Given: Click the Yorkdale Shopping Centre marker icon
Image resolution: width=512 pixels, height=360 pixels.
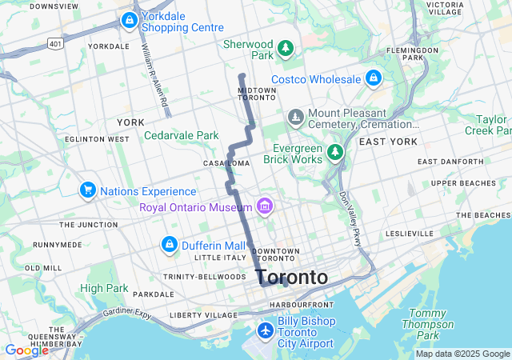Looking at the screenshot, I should tap(128, 20).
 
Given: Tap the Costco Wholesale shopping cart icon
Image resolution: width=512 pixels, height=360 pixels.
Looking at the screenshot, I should tap(373, 78).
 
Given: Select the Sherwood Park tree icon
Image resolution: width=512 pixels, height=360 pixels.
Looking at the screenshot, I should tap(286, 50).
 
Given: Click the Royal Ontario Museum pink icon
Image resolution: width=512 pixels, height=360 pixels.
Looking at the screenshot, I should tap(265, 208).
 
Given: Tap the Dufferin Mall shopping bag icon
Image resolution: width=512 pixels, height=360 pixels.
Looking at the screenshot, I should tap(170, 244).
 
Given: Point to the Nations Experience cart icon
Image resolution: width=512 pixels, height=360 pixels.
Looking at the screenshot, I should tap(88, 190).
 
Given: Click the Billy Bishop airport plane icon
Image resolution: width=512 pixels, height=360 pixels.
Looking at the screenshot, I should tap(266, 330).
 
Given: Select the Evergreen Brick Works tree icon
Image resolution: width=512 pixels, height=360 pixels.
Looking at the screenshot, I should tap(336, 151).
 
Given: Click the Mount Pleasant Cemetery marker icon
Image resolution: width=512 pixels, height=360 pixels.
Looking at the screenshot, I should tap(297, 118).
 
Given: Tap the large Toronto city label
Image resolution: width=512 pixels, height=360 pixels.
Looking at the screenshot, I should tap(291, 278).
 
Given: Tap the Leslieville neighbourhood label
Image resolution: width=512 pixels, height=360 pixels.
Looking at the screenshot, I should tap(409, 234).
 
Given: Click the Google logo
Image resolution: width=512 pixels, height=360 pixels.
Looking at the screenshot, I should tap(26, 350).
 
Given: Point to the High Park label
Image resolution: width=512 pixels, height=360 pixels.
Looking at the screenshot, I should tap(104, 288).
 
